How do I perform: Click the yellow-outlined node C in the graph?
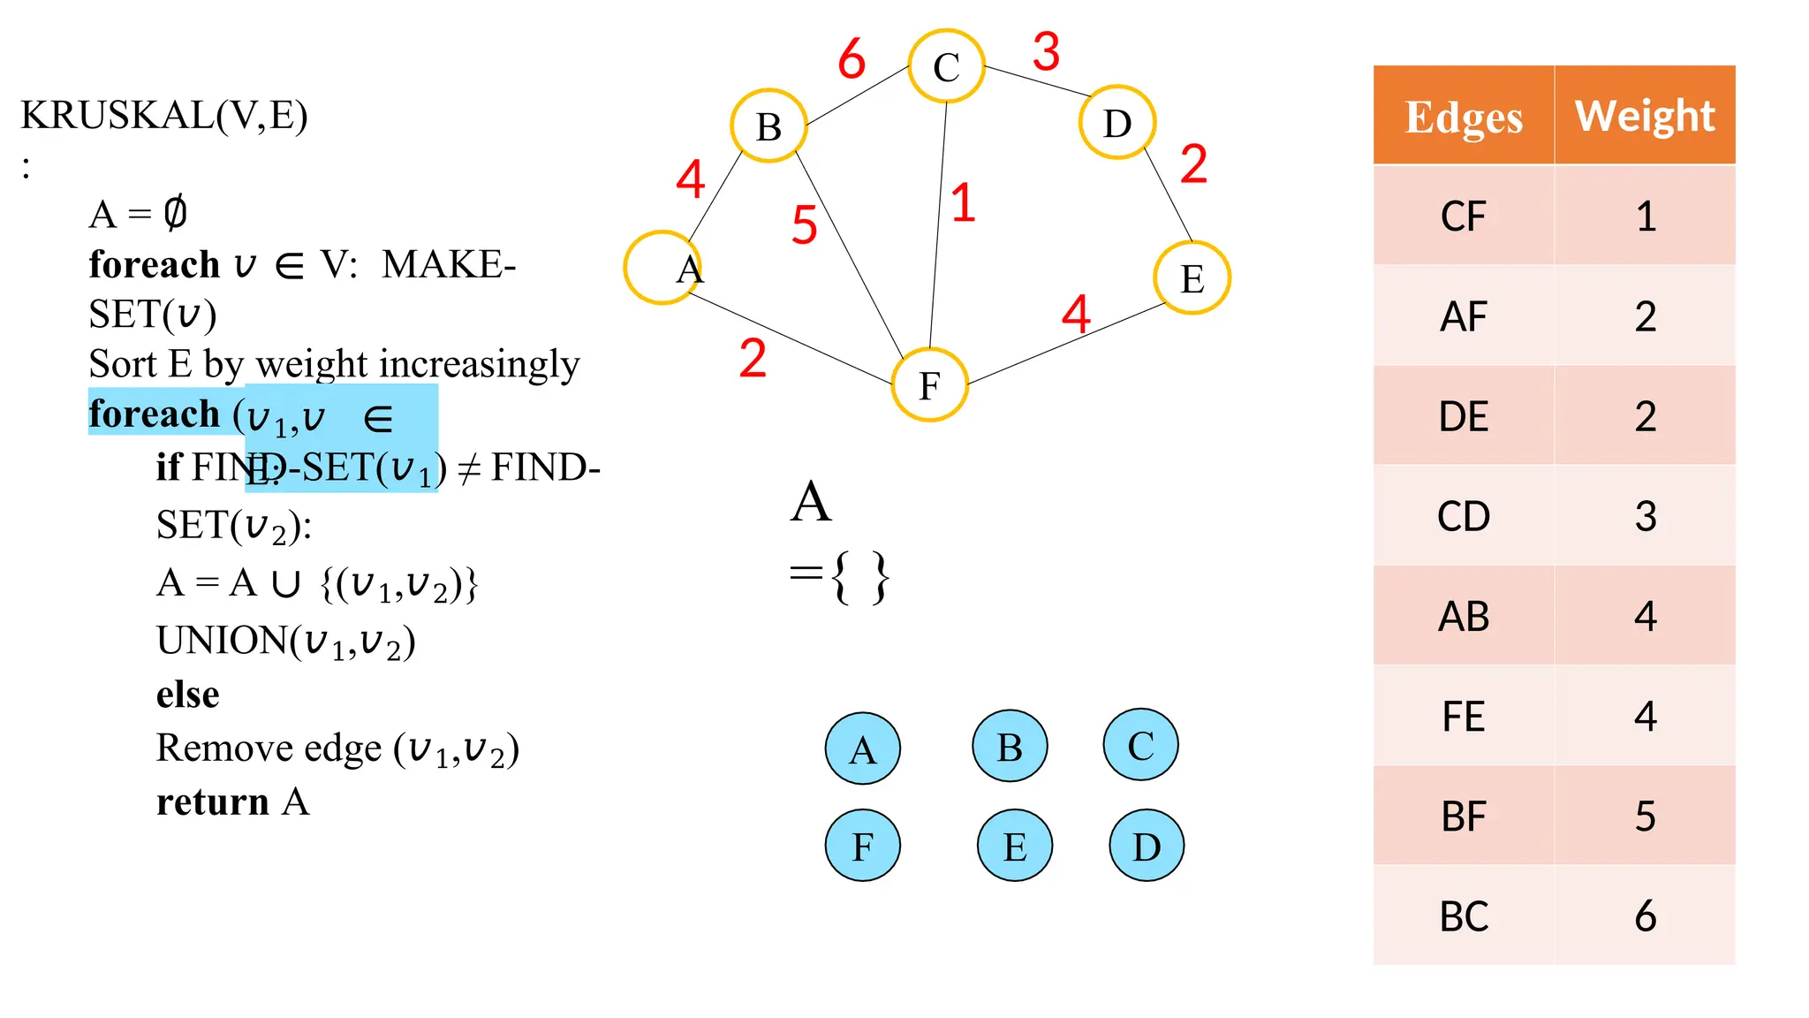946,66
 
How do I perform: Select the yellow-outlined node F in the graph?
929,385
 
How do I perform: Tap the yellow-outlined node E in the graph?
1192,278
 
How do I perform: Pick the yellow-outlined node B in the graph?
768,126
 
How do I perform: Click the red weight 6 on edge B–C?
852,59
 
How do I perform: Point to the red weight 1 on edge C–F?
963,202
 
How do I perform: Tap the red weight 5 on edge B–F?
804,224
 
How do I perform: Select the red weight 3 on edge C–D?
1046,51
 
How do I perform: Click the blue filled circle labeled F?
862,846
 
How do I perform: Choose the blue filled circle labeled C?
1140,745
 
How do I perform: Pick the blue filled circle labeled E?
1014,846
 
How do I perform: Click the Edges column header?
1463,116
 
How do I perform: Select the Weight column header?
1645,116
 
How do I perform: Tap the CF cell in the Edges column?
1463,217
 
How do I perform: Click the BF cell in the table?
1463,816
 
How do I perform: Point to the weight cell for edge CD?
1645,516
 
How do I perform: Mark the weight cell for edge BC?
1645,915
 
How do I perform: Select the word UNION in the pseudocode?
222,641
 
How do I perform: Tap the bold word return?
212,802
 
